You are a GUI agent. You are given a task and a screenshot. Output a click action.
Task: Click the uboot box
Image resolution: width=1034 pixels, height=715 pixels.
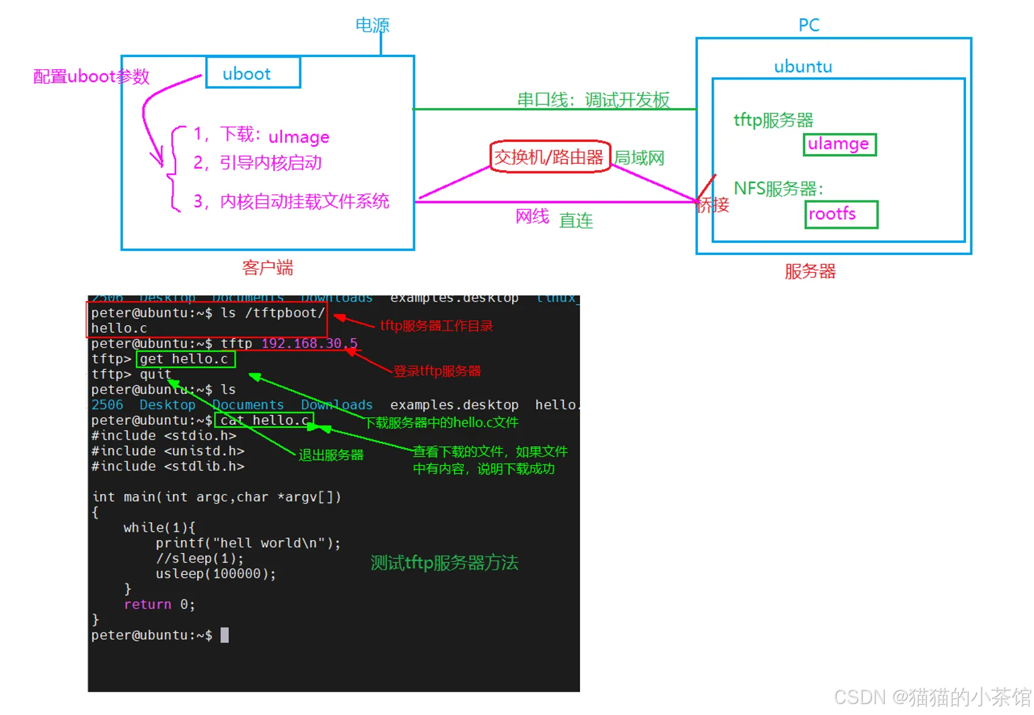point(253,73)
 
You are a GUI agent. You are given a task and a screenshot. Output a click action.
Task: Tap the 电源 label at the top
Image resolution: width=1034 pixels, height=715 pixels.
point(372,25)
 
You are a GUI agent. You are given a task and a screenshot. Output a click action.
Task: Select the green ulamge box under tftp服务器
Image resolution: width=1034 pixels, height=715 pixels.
point(840,144)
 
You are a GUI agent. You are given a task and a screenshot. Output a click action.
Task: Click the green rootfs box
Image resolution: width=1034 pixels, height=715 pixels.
point(841,214)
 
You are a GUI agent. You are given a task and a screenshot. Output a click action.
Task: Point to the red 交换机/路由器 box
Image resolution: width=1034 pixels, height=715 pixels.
point(549,157)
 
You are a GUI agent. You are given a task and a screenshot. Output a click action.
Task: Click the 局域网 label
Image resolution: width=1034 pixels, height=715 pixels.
point(639,158)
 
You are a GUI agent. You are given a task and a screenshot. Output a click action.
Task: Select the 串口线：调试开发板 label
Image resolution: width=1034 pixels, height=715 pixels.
point(593,100)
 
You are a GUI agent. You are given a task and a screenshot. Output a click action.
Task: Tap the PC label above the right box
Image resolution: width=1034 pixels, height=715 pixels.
point(809,25)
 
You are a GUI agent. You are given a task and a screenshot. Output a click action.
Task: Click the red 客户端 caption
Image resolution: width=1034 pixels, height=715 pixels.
point(268,268)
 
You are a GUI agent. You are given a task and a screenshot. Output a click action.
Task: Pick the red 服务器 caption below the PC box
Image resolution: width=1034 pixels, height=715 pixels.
point(810,271)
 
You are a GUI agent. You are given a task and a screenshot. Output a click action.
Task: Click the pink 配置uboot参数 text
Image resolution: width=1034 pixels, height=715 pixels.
point(91,76)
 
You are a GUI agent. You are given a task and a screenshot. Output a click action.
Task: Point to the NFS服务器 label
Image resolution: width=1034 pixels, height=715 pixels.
point(779,189)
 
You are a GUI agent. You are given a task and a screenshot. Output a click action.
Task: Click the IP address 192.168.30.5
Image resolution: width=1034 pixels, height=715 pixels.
point(309,344)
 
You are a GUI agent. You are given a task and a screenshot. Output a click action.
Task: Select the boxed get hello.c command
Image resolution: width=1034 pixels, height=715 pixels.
point(185,359)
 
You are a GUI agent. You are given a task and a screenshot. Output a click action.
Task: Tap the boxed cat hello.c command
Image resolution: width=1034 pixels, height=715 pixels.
point(264,420)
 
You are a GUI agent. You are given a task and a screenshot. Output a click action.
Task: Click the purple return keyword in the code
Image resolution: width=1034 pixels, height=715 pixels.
point(147,605)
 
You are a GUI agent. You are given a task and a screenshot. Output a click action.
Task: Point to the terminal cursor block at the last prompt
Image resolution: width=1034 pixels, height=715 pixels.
point(225,635)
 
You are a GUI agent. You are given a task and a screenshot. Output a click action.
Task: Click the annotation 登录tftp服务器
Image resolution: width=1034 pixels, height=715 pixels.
point(437,371)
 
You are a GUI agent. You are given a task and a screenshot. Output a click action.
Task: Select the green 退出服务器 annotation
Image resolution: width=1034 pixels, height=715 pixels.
point(331,455)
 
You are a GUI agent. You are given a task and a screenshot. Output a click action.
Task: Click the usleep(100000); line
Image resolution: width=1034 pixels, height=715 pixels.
point(215,574)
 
